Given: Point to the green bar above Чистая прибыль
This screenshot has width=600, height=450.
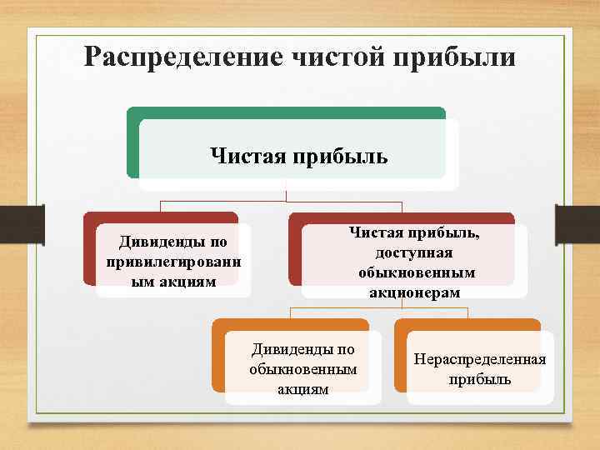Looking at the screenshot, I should [286, 112].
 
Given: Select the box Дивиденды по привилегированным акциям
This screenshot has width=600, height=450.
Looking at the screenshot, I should [172, 261].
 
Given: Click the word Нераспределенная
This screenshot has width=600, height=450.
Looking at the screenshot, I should [479, 359].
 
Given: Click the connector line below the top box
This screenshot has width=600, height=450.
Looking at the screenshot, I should [286, 192].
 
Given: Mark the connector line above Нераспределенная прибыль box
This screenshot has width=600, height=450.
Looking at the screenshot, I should [467, 313].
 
